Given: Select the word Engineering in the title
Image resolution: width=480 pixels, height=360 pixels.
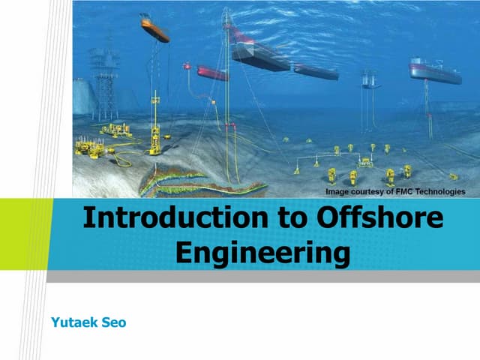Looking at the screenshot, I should tap(262, 252).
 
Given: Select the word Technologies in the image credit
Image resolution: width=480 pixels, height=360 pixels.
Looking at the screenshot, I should tap(442, 192).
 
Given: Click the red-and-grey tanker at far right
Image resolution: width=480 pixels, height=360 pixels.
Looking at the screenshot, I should tap(435, 70).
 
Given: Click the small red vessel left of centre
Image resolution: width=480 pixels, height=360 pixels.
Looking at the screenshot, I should tap(212, 73).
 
